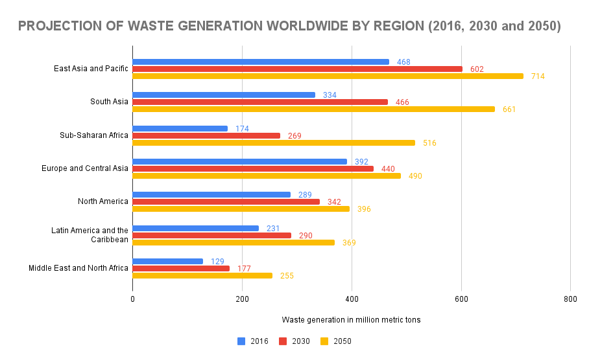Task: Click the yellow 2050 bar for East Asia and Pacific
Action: pyautogui.click(x=328, y=76)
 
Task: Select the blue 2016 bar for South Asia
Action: pyautogui.click(x=224, y=95)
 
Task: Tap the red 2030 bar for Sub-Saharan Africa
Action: pyautogui.click(x=206, y=135)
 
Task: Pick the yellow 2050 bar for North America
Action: pyautogui.click(x=241, y=209)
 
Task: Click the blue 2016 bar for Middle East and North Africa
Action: pyautogui.click(x=167, y=261)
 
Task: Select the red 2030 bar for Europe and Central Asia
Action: pyautogui.click(x=253, y=168)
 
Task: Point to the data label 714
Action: pyautogui.click(x=538, y=76)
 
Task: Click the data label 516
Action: pyautogui.click(x=429, y=143)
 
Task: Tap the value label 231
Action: pyautogui.click(x=273, y=228)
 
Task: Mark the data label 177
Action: pyautogui.click(x=244, y=269)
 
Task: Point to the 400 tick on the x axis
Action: pyautogui.click(x=352, y=299)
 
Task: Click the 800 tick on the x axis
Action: pyautogui.click(x=570, y=299)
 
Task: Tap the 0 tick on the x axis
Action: pyautogui.click(x=132, y=299)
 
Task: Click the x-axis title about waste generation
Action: pyautogui.click(x=351, y=320)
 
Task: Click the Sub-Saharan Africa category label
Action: pyautogui.click(x=94, y=135)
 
